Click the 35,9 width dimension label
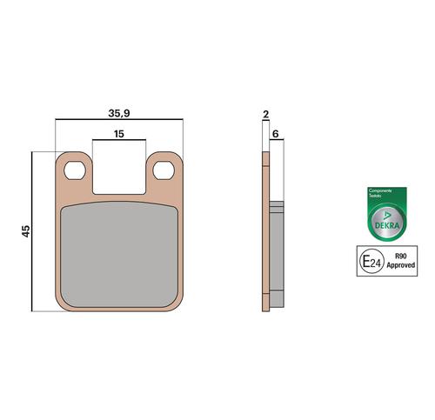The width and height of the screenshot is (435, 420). pos(119,113)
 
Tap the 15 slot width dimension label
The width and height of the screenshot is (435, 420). pos(119,134)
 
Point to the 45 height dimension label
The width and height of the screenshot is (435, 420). pos(26,231)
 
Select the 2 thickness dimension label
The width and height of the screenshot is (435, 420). pos(265,114)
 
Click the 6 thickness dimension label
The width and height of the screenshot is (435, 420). pos(276,134)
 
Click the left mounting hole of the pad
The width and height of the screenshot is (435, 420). pos(75,170)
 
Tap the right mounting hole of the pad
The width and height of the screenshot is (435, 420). pos(164,170)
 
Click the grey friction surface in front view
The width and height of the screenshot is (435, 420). pos(119,255)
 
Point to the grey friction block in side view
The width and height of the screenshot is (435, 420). pos(277,254)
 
